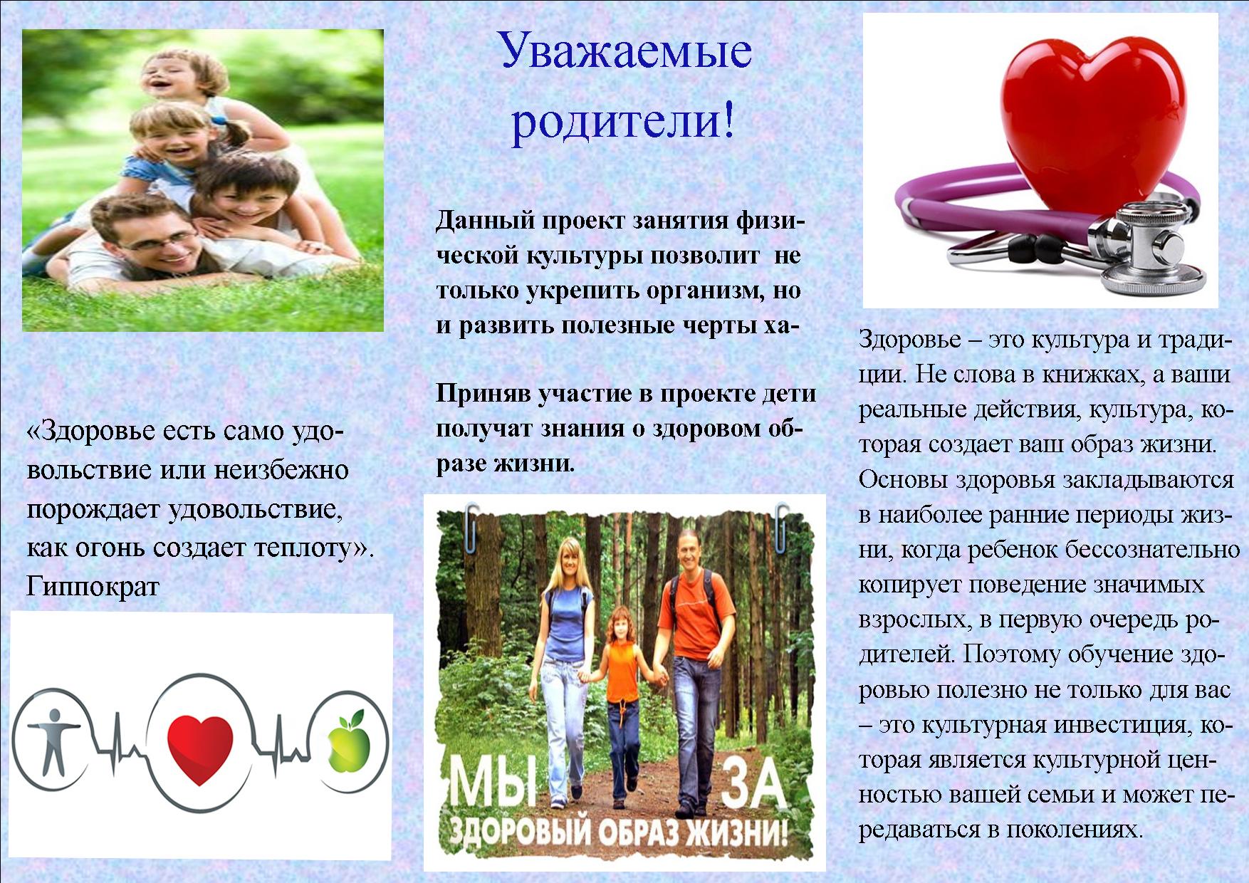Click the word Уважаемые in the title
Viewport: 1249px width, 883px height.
(x=624, y=58)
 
